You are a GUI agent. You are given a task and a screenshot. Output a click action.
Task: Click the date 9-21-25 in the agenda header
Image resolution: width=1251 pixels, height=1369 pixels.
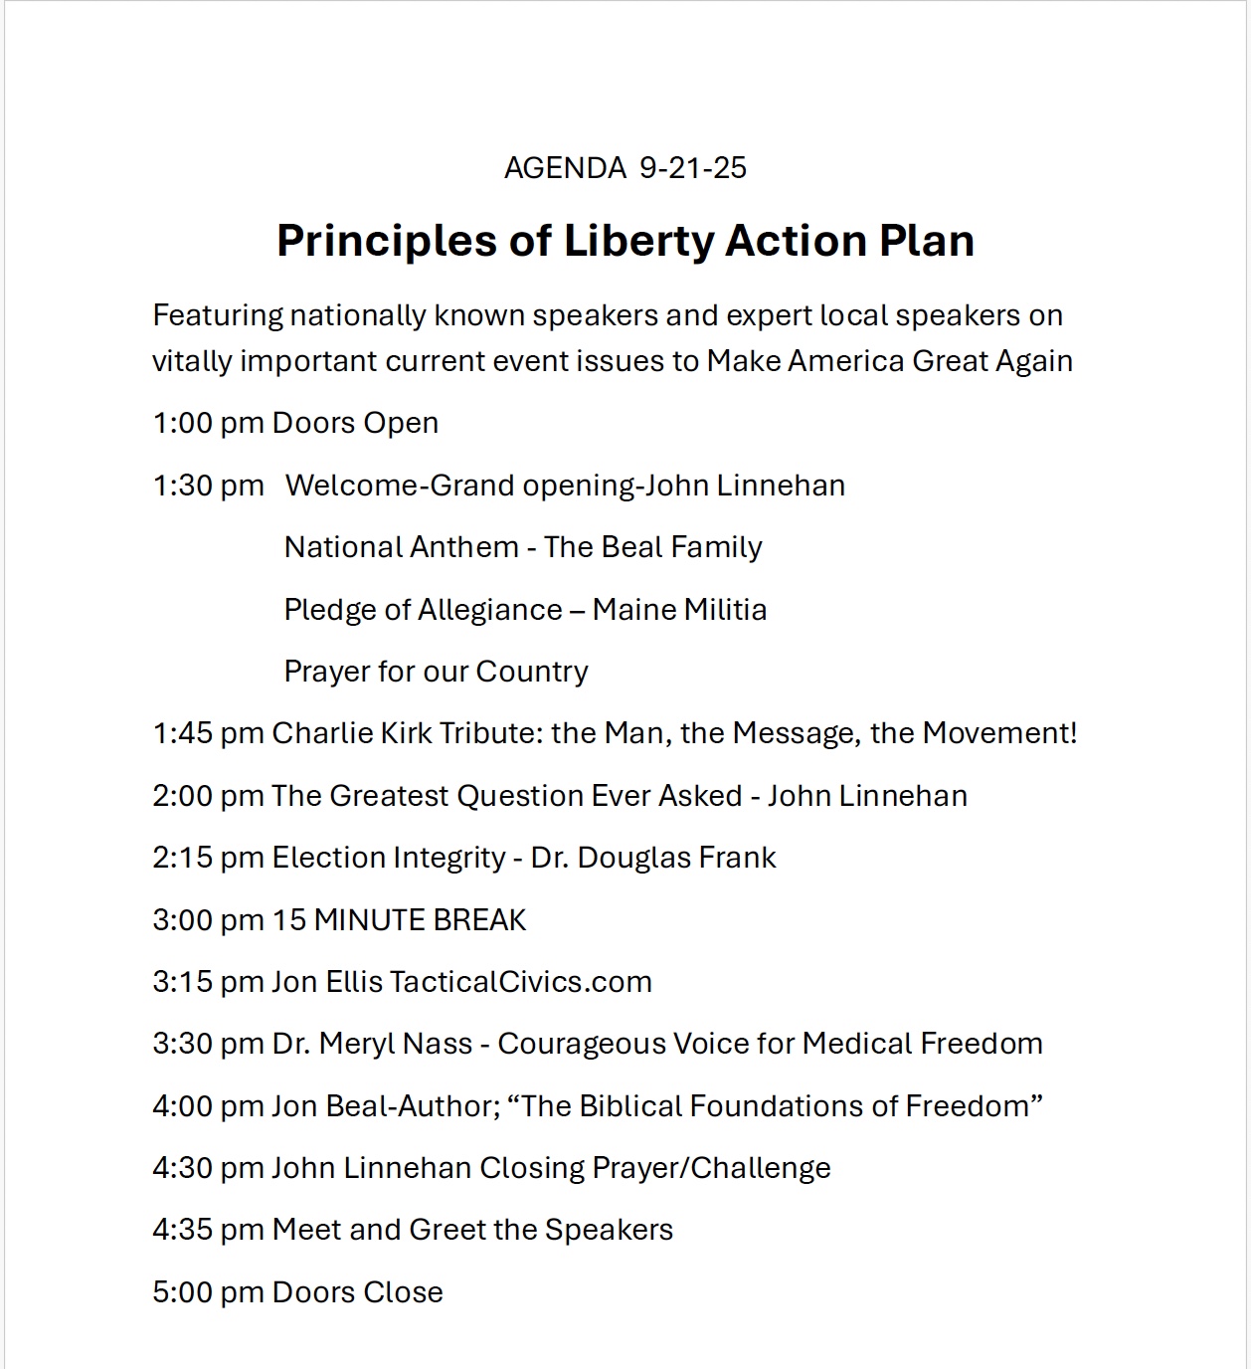pos(693,168)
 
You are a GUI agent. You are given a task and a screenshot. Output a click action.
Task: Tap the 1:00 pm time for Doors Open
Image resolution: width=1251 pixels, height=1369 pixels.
pos(208,423)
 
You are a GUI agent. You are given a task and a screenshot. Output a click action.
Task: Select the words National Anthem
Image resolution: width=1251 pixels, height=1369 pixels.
pos(402,547)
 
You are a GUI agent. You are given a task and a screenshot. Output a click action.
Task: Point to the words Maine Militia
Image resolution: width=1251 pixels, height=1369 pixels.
pos(679,609)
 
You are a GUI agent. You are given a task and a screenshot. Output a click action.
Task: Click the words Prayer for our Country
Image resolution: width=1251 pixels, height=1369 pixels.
pos(436,672)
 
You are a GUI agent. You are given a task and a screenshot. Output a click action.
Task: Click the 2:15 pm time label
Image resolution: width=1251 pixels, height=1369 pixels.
pos(208,858)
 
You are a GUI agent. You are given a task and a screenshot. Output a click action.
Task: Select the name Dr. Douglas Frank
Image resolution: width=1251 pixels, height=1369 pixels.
pos(653,858)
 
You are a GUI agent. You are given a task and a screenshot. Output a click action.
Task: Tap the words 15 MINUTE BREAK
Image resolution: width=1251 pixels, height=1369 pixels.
pos(400,920)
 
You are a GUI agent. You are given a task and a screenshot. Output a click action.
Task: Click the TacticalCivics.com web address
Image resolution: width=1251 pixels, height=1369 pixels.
pos(521,982)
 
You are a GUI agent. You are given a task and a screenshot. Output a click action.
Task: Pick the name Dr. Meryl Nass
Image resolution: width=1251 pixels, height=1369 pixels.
pos(372,1044)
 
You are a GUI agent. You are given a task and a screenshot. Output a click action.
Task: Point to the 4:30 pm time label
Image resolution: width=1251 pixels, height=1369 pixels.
pos(208,1168)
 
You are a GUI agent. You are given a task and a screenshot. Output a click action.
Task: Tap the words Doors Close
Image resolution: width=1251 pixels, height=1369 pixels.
pos(358,1292)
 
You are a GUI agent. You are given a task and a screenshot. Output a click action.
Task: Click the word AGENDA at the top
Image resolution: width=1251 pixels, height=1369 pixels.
pos(565,168)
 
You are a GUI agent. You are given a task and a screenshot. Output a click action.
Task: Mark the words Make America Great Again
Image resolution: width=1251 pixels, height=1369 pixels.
pos(889,360)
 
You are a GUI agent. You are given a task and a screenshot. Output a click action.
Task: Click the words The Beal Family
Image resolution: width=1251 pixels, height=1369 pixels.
pos(653,547)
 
